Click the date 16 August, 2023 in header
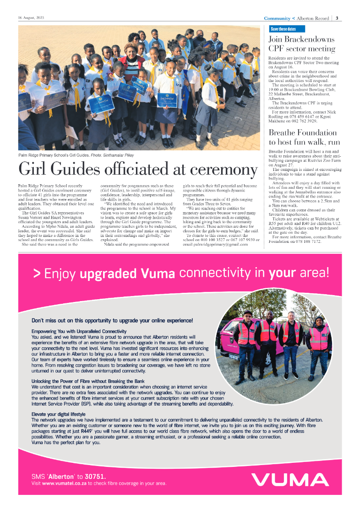click(x=31, y=18)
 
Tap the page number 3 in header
click(x=337, y=18)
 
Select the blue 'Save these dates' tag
click(x=283, y=29)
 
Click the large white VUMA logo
click(x=290, y=479)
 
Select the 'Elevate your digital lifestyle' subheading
click(x=58, y=414)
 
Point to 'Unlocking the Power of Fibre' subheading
click(x=88, y=381)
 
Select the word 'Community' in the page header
click(x=277, y=18)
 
